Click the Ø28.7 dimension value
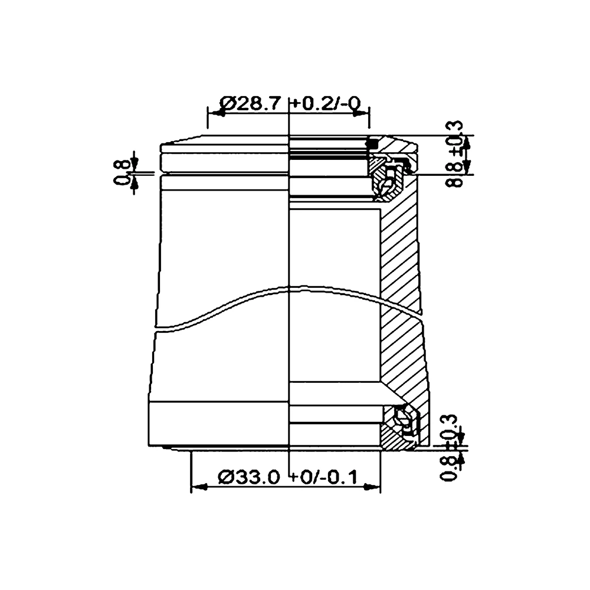point(248,104)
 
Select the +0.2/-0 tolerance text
point(326,104)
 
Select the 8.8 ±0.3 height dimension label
point(455,155)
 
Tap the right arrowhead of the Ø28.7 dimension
point(362,113)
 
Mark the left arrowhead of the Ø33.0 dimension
point(198,487)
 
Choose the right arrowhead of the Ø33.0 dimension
point(373,487)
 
